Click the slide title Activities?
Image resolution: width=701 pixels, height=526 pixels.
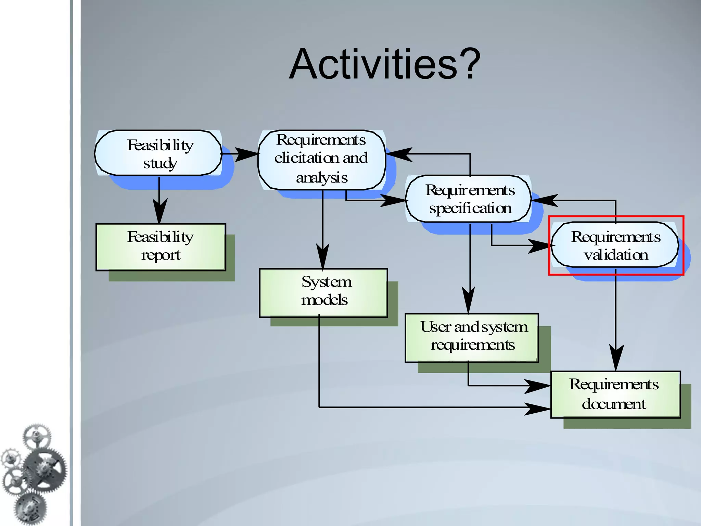pyautogui.click(x=385, y=64)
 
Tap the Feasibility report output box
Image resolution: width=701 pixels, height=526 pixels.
pyautogui.click(x=161, y=247)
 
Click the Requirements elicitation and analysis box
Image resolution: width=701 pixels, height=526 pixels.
pyautogui.click(x=322, y=159)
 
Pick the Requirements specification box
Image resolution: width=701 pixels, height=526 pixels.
pyautogui.click(x=469, y=199)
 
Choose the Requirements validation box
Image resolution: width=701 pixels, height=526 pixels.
pyautogui.click(x=615, y=245)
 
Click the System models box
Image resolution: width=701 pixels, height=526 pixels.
pyautogui.click(x=323, y=293)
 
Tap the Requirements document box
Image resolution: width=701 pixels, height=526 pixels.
pyautogui.click(x=615, y=394)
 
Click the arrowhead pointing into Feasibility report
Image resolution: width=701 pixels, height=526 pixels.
pyautogui.click(x=159, y=212)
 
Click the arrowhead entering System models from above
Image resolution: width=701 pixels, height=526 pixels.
pyautogui.click(x=322, y=257)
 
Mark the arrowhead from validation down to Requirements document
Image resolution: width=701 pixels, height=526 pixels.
pyautogui.click(x=616, y=358)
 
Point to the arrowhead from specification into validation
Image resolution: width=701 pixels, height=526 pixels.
pyautogui.click(x=539, y=246)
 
